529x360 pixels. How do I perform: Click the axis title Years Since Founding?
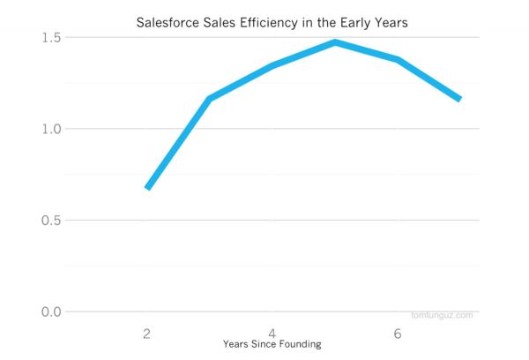(x=272, y=344)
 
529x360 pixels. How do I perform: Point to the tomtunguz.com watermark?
(x=442, y=315)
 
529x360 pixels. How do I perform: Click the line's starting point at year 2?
(x=147, y=188)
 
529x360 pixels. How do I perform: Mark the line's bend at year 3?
(x=210, y=99)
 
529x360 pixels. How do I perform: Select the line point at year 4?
(x=272, y=65)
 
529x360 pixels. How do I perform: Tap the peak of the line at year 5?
(x=335, y=42)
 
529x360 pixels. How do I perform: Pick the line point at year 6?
(x=398, y=60)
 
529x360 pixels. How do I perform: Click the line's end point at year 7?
(x=459, y=100)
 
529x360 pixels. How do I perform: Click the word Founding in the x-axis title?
(x=301, y=344)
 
